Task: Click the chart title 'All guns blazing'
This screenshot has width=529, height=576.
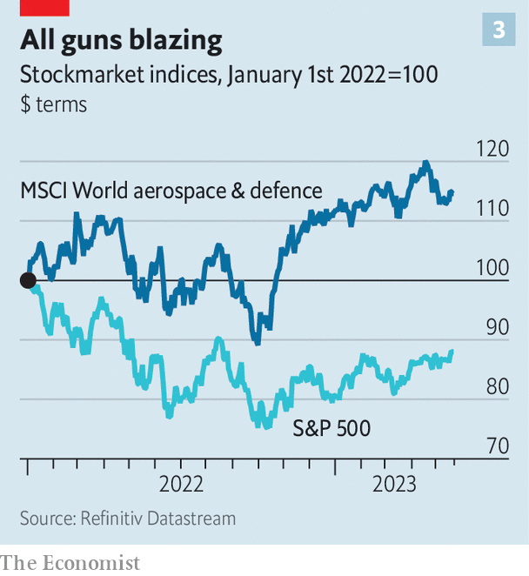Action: point(121,40)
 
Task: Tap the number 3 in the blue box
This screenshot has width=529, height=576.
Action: point(499,31)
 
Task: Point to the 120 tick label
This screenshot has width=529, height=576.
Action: point(492,149)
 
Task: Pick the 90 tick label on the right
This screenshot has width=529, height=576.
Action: point(495,328)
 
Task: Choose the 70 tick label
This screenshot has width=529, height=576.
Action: point(495,446)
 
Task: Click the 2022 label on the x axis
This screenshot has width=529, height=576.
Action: point(181,484)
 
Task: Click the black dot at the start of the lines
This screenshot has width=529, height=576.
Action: point(28,280)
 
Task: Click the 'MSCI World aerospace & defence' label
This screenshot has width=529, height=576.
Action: point(171,191)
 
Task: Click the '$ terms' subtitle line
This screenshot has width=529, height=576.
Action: point(54,104)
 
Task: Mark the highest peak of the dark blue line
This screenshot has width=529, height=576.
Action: point(425,163)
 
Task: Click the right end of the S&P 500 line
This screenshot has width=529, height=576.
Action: point(452,351)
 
